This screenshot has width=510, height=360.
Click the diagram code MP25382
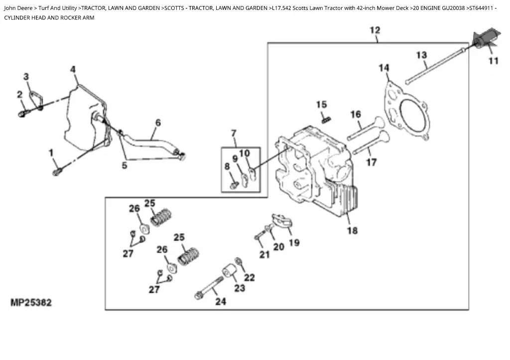pyautogui.click(x=31, y=302)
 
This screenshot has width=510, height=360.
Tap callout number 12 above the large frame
pyautogui.click(x=375, y=30)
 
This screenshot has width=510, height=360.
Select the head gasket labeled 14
pyautogui.click(x=406, y=111)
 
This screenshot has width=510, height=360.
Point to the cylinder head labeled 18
pyautogui.click(x=315, y=172)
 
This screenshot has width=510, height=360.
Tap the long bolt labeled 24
pyautogui.click(x=209, y=287)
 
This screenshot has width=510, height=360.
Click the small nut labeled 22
pyautogui.click(x=238, y=261)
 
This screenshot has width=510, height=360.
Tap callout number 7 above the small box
pyautogui.click(x=234, y=133)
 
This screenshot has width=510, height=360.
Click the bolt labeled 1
pyautogui.click(x=57, y=172)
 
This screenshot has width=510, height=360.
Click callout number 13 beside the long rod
pyautogui.click(x=421, y=55)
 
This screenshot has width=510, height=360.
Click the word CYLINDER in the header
pyautogui.click(x=17, y=18)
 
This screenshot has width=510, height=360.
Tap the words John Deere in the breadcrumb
pyautogui.click(x=18, y=8)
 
